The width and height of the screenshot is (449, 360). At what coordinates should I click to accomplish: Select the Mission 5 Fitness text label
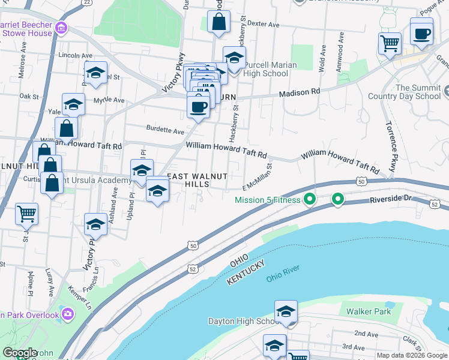click(267, 200)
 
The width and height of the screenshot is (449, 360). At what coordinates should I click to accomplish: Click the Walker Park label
click(369, 311)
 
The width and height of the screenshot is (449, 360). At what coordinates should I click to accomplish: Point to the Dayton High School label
click(240, 321)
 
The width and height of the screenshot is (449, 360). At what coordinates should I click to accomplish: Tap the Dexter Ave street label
click(264, 25)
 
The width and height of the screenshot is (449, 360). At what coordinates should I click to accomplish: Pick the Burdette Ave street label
click(165, 130)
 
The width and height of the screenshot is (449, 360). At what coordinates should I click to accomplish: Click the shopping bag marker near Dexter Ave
click(219, 22)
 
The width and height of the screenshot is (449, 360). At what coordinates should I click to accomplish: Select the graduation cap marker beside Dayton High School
click(286, 313)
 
